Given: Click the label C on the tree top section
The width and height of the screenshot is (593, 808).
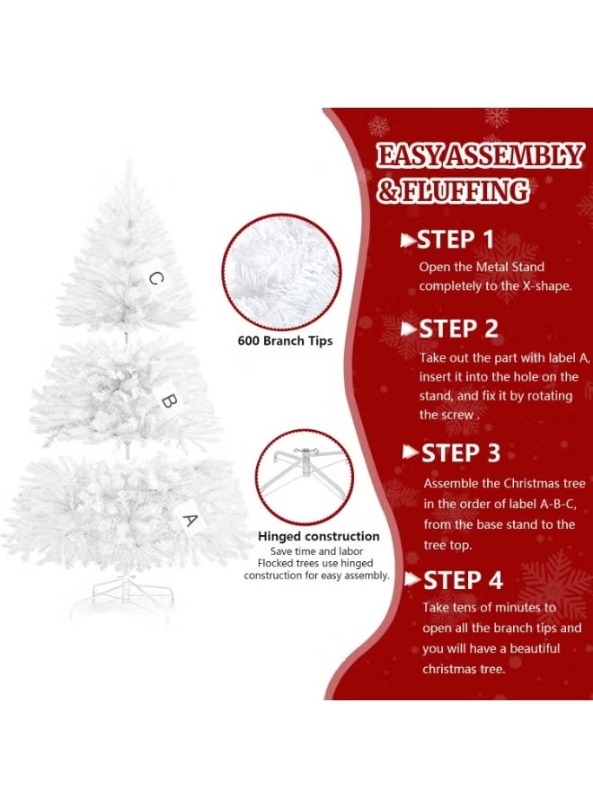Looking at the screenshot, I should click(155, 278).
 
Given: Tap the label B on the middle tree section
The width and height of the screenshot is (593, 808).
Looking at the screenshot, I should click(168, 400).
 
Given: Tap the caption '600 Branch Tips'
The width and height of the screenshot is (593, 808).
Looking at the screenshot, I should click(285, 341).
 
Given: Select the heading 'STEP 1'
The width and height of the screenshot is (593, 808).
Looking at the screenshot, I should click(457, 240).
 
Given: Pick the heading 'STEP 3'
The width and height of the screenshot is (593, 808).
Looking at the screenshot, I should click(462, 453).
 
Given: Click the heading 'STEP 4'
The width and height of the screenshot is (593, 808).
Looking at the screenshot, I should click(462, 580).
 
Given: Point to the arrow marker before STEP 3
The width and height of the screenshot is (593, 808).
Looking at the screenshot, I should click(411, 452).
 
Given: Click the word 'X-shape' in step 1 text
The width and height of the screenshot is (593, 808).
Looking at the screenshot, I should click(548, 285).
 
